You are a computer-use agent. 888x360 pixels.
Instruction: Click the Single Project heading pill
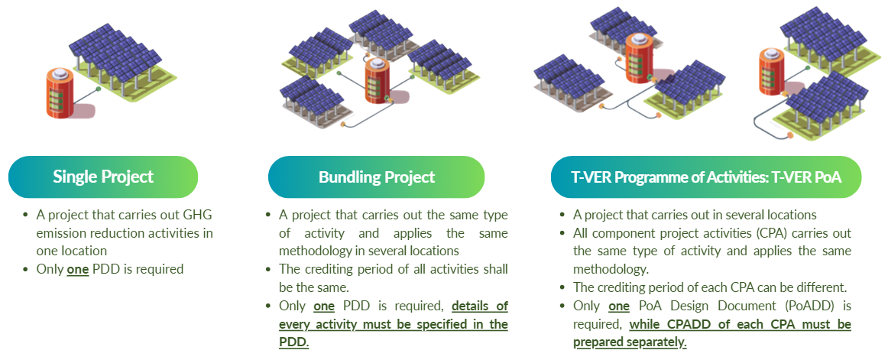[x=103, y=177]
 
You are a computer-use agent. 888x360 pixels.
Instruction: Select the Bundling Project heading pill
[x=376, y=177]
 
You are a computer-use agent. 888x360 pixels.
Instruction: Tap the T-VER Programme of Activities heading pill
[x=706, y=177]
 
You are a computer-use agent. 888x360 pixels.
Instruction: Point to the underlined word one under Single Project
[x=78, y=269]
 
